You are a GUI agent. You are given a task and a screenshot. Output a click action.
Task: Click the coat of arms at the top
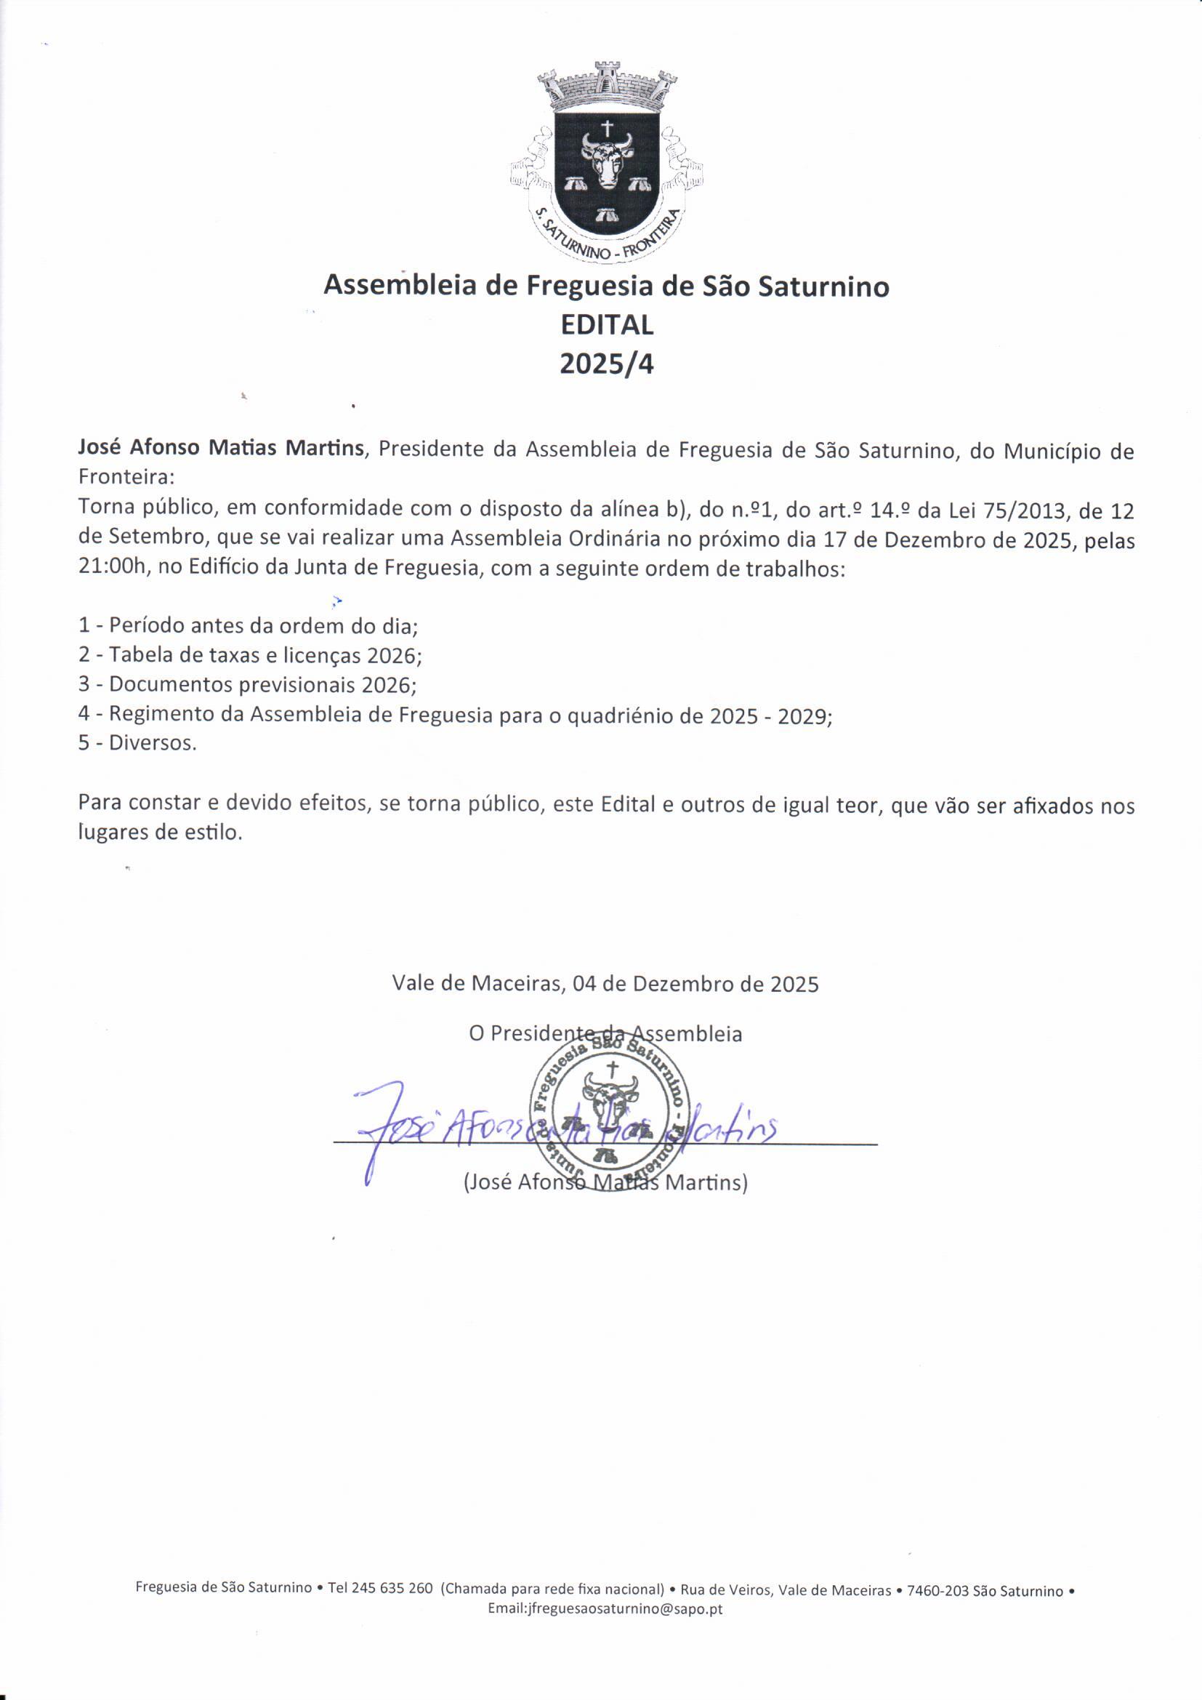606,163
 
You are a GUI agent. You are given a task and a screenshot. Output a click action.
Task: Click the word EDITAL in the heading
607,325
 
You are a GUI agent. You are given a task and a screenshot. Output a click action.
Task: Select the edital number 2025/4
607,364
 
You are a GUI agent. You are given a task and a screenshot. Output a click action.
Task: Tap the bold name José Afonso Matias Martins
222,449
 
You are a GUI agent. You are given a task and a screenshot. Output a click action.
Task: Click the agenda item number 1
84,625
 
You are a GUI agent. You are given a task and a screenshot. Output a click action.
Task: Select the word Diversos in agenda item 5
152,743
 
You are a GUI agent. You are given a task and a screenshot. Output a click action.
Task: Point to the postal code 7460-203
937,1590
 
